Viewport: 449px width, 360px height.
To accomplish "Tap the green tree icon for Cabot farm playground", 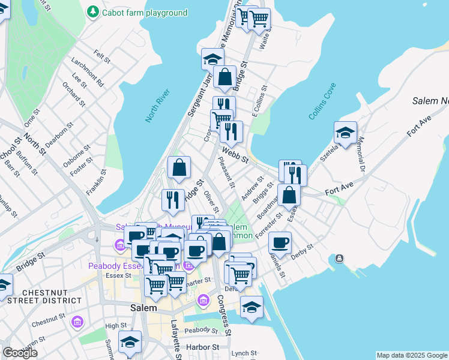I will (92, 11).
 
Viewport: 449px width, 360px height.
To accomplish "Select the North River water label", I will (157, 105).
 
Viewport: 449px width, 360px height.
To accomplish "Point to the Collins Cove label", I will (322, 101).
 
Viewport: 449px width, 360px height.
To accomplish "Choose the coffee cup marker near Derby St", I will (280, 243).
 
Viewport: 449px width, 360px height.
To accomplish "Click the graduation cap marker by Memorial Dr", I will (345, 133).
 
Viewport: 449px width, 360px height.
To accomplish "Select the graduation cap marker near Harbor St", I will (130, 342).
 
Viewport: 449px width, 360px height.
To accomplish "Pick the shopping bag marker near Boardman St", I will (289, 194).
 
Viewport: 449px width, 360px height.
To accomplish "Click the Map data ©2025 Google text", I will (412, 355).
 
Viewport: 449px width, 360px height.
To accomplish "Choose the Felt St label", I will (102, 57).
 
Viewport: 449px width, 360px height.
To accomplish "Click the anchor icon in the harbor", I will (340, 259).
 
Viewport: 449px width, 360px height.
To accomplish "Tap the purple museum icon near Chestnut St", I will (77, 323).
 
